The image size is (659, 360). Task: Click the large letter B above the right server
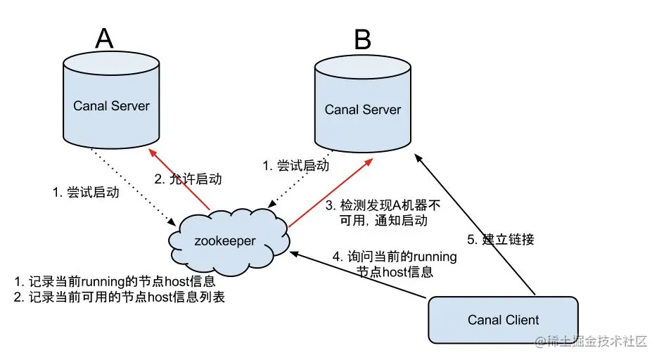[363, 39]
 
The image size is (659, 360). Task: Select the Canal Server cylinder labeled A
[111, 100]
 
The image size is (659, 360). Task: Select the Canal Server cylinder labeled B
[363, 103]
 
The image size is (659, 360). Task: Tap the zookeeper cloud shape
[229, 242]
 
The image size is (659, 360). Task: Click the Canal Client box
[503, 320]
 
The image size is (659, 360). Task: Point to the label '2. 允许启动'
[188, 179]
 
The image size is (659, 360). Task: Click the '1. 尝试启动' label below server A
[86, 193]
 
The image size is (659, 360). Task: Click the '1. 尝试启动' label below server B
[296, 165]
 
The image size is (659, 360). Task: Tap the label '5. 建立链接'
[501, 240]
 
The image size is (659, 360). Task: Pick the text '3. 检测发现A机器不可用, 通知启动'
[383, 212]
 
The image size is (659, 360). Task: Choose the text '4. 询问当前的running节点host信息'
[395, 264]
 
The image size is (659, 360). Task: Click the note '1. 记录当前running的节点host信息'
[115, 281]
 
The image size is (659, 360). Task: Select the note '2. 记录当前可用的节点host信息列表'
[120, 297]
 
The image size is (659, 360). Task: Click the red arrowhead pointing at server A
[153, 153]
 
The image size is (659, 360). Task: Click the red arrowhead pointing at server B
[368, 162]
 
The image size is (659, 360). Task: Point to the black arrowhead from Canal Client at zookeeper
[294, 254]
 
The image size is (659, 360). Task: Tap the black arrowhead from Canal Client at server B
[418, 158]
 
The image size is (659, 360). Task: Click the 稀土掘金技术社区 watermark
[591, 342]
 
